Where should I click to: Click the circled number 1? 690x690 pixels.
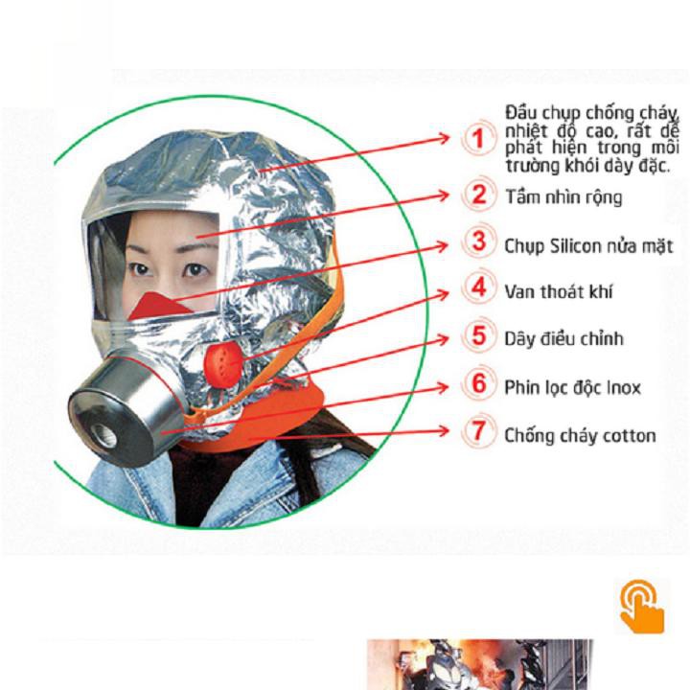[x=478, y=138]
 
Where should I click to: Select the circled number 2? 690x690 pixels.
[x=478, y=194]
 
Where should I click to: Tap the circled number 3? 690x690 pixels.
[x=478, y=241]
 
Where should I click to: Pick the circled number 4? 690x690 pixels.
[x=478, y=287]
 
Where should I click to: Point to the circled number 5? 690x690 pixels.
[x=478, y=335]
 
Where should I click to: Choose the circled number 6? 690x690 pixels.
[x=478, y=383]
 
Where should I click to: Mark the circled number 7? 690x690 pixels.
[x=478, y=431]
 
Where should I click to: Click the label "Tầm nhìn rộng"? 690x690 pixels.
[x=563, y=197]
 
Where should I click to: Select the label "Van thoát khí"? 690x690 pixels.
[x=559, y=291]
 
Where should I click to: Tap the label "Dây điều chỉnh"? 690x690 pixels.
[x=563, y=339]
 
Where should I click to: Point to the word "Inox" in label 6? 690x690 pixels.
[x=624, y=388]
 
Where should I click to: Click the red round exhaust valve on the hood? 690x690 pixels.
[x=223, y=365]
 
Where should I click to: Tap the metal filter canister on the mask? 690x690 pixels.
[x=126, y=411]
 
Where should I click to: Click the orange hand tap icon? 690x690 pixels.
[x=642, y=607]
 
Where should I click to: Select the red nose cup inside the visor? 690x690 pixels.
[x=159, y=306]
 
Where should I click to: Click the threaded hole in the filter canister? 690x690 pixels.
[x=103, y=436]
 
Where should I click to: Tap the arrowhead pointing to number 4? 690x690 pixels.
[x=444, y=293]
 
